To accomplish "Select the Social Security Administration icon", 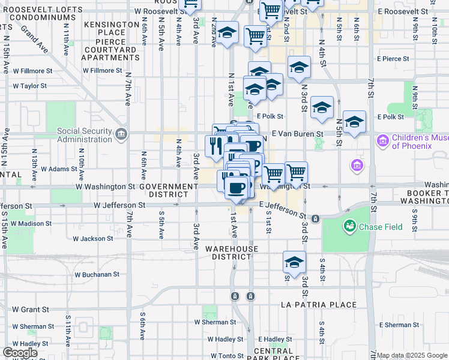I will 122,133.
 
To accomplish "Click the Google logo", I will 20,352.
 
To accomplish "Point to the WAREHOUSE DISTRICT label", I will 232,253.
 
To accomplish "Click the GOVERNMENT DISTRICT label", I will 169,191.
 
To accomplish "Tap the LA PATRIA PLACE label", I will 319,305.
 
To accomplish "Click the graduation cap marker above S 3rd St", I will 294,262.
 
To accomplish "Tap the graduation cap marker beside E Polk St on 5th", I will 354,122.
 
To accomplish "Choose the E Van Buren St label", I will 298,134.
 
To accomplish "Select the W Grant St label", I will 30,310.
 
